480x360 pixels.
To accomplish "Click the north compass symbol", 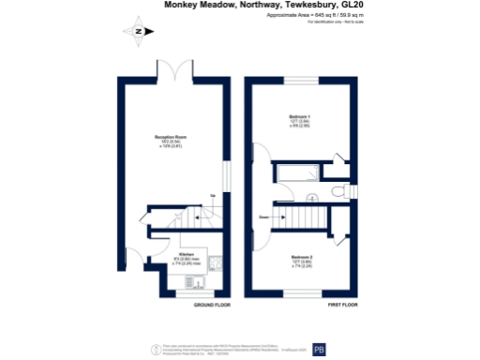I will (x=138, y=31).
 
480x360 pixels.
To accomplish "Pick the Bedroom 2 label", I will (x=300, y=257).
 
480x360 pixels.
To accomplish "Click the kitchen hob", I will (x=214, y=262).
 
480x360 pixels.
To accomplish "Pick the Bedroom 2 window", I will (x=300, y=293).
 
